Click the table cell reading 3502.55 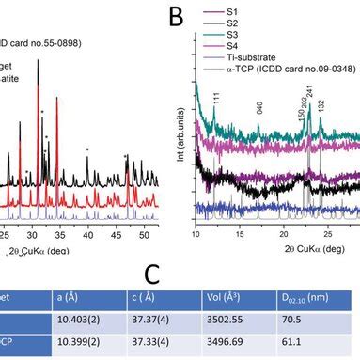point(224,318)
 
